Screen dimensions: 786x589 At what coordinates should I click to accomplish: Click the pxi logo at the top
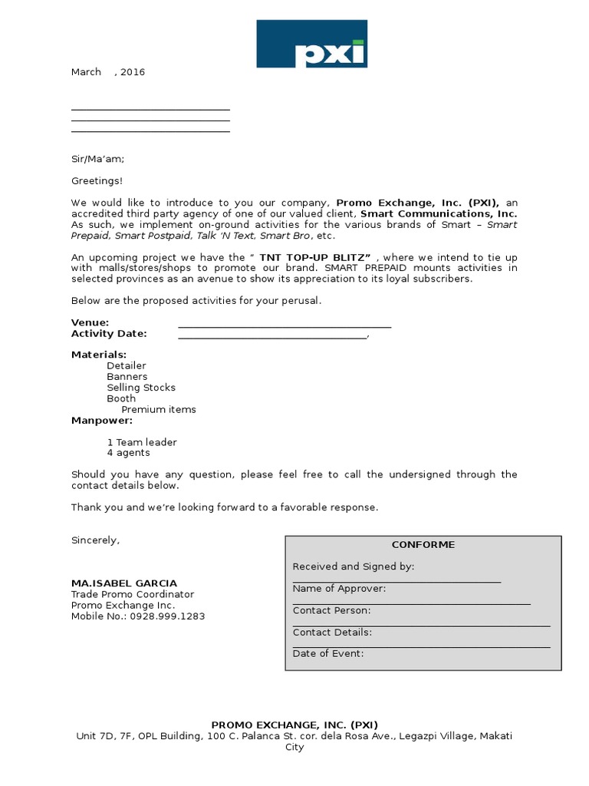311,45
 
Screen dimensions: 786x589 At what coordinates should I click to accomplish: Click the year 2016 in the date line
133,72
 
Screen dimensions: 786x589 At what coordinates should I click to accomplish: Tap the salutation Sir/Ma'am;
97,159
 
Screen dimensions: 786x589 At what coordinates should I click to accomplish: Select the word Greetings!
97,181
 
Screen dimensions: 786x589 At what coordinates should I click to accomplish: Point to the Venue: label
90,323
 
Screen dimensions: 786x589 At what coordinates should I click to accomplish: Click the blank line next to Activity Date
272,335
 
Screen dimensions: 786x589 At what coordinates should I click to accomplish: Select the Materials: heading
99,355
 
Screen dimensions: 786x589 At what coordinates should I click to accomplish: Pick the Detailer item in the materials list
127,366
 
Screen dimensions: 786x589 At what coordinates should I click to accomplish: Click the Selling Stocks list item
141,388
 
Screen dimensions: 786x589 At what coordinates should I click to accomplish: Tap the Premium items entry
159,409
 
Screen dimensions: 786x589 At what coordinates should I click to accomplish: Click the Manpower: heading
102,421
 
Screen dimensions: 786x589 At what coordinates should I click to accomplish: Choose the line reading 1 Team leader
142,442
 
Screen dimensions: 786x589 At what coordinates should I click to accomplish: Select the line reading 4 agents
128,453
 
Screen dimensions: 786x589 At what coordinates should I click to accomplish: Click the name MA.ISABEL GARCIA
123,583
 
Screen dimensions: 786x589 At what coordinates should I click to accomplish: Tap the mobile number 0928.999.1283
167,616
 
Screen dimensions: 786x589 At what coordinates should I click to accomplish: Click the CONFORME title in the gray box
423,544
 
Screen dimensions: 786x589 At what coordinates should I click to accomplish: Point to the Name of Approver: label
339,589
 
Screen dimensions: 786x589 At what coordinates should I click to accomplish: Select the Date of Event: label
328,654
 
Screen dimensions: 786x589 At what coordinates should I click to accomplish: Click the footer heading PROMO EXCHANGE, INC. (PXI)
294,725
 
